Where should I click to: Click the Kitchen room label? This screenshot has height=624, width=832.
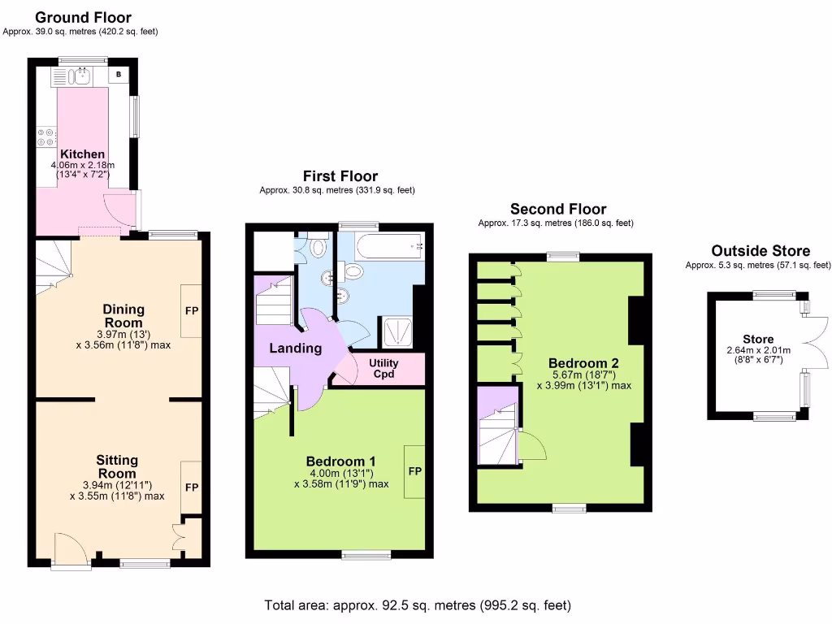click(82, 154)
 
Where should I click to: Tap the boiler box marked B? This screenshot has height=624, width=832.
click(119, 76)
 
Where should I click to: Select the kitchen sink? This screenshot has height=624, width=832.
click(80, 77)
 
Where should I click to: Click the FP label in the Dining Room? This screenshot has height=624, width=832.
click(191, 310)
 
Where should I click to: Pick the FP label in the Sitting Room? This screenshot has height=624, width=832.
click(191, 487)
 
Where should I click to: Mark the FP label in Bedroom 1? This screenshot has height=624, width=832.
click(414, 470)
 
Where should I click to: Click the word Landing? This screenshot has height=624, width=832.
click(295, 349)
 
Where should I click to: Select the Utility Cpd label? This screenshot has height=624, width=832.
click(383, 368)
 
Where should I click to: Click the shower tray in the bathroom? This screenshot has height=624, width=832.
click(398, 330)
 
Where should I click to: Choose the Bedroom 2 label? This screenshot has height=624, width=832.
click(583, 363)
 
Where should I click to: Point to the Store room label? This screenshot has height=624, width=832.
click(757, 339)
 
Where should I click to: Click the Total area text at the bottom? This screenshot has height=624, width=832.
click(417, 605)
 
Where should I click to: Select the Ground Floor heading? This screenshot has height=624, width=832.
click(83, 17)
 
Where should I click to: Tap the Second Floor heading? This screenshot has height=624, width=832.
click(557, 209)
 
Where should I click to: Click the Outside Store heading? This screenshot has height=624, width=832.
click(760, 250)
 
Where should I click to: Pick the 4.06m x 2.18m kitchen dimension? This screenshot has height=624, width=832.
click(82, 165)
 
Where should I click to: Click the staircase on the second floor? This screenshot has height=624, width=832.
click(497, 440)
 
